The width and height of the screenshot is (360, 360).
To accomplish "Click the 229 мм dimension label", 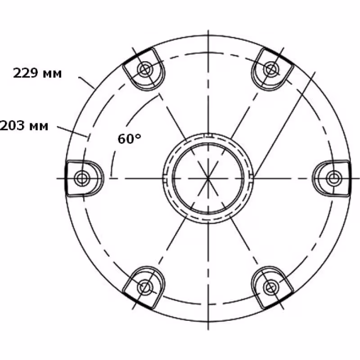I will click(x=37, y=73).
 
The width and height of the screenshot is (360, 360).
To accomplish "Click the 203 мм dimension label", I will click(x=23, y=126).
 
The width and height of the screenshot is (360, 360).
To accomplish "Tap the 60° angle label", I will click(x=129, y=139).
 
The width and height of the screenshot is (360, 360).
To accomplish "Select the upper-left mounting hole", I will click(x=144, y=69).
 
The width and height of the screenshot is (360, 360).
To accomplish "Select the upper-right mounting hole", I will click(x=270, y=69).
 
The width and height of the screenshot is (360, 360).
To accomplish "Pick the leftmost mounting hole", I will click(x=82, y=178).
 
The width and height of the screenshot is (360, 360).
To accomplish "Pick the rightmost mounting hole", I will click(x=333, y=178).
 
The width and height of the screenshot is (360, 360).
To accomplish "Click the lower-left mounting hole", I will click(x=144, y=287).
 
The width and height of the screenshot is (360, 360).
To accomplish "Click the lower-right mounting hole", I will click(x=270, y=287).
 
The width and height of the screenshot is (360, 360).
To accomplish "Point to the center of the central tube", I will click(x=208, y=178).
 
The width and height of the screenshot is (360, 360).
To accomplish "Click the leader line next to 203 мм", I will click(x=72, y=130).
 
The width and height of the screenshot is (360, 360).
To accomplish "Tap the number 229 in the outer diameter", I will click(x=24, y=73).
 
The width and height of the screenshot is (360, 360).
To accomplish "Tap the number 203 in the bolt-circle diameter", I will click(x=12, y=126).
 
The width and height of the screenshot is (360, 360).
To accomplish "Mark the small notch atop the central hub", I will click(x=207, y=134).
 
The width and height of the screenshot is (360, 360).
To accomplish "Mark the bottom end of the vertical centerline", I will click(x=208, y=328).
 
